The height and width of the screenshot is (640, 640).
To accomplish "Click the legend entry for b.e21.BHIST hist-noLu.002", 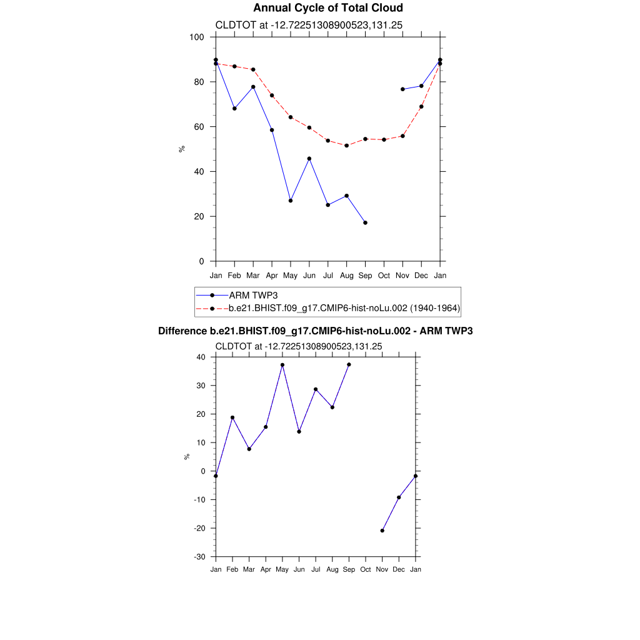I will tap(344, 308).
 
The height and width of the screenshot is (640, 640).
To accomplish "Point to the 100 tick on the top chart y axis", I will tap(197, 37).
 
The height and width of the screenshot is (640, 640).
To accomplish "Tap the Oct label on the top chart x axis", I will tap(384, 275).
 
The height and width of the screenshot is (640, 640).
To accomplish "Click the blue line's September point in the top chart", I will tap(365, 222).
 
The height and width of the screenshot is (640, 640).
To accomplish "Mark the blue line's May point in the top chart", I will tap(291, 201).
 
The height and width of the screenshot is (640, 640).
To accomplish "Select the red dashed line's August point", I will tap(346, 146).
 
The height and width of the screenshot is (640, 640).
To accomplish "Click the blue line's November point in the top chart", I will tap(402, 89).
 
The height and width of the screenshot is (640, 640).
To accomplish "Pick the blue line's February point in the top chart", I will tap(234, 109).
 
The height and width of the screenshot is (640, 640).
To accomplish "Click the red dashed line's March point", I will tap(253, 69).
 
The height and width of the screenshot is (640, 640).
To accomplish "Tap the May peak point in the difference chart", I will tap(282, 365).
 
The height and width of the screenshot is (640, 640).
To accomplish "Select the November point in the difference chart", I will tap(382, 531).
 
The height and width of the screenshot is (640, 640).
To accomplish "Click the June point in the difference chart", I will tap(299, 432).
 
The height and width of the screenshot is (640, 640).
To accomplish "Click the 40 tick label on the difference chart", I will tap(201, 357).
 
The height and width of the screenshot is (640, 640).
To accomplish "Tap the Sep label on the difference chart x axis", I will tap(349, 569).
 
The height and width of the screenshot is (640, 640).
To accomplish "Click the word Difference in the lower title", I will tap(182, 331).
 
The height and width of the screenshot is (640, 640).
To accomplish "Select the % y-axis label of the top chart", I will tap(182, 149).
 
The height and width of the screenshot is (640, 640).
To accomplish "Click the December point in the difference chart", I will tap(399, 497).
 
